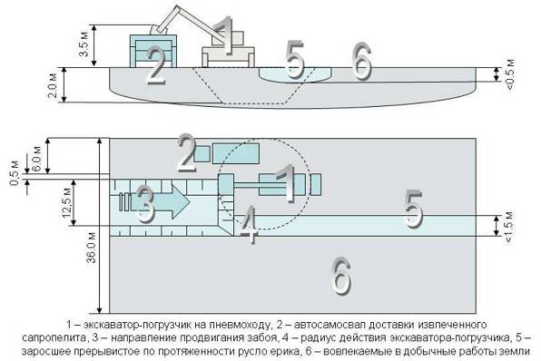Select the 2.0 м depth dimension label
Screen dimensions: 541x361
pyautogui.click(x=53, y=85)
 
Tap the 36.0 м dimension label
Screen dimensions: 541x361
pyautogui.click(x=92, y=248)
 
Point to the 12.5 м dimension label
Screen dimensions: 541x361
pyautogui.click(x=67, y=202)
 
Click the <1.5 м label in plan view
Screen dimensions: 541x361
pyautogui.click(x=509, y=227)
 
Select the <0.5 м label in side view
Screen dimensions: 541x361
pyautogui.click(x=509, y=74)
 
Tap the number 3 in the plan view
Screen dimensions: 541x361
pyautogui.click(x=144, y=203)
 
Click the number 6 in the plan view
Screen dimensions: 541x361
pyautogui.click(x=340, y=276)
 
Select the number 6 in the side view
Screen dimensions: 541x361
pyautogui.click(x=361, y=62)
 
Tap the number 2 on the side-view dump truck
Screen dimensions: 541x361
pyautogui.click(x=155, y=65)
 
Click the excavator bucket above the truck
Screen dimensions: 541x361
pyautogui.click(x=158, y=29)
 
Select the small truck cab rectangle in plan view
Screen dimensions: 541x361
pyautogui.click(x=202, y=153)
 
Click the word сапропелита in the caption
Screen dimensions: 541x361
pyautogui.click(x=54, y=337)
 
